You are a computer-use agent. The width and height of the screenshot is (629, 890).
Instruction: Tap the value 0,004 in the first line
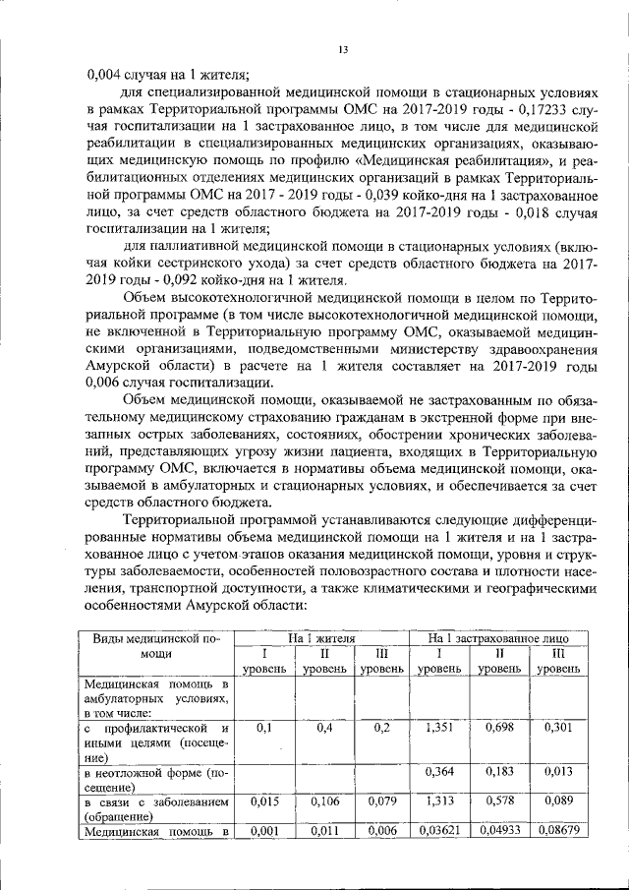click(105, 71)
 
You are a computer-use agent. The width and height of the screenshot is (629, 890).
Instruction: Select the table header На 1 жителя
click(320, 638)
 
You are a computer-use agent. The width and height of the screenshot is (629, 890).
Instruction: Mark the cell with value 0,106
click(323, 801)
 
